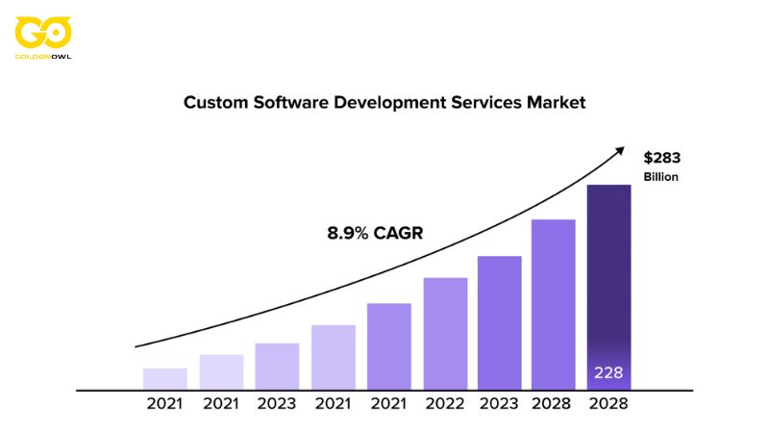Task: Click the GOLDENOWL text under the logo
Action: click(43, 56)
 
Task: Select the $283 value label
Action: click(661, 158)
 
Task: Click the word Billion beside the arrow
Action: click(661, 177)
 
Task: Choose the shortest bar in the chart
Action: click(165, 379)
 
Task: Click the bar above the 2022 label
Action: click(445, 333)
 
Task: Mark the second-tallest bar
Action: click(553, 304)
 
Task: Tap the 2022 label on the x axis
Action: click(445, 404)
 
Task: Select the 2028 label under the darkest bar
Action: click(608, 404)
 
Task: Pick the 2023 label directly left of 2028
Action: click(499, 404)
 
